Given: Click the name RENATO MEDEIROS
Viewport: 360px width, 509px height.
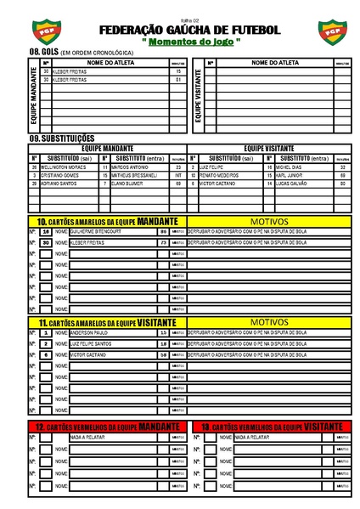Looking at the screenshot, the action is coord(220,175).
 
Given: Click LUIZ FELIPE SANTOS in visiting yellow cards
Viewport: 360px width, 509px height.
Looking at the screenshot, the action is coord(91,343).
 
